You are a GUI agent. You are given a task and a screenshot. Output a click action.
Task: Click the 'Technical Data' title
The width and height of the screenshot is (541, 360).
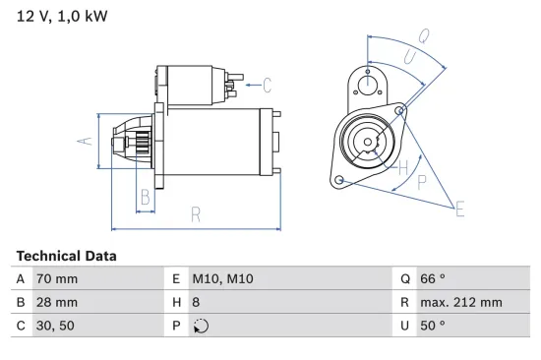coord(66,256)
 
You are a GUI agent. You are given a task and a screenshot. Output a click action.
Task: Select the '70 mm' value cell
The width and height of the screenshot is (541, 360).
coord(57,279)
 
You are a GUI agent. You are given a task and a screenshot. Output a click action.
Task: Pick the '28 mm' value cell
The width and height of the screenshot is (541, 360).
coord(57,303)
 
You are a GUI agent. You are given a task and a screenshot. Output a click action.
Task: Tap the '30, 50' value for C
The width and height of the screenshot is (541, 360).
coord(55,326)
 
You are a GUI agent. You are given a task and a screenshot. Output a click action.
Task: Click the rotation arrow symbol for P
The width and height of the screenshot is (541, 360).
coord(202,327)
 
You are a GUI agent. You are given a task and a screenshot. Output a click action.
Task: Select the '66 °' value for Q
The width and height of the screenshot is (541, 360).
coord(433,279)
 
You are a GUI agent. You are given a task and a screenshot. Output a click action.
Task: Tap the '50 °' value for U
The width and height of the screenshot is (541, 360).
coord(433,326)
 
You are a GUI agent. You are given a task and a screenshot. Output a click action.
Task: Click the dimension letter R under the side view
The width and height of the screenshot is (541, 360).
coord(196,214)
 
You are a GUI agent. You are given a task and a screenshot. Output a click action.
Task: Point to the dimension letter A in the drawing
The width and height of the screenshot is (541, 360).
coord(85,141)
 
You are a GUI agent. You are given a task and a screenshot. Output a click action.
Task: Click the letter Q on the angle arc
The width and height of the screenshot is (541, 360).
coord(423,36)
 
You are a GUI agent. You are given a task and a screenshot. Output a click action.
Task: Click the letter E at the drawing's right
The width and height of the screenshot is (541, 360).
coord(458,207)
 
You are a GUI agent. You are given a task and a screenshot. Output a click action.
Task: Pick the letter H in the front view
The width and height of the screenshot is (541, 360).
coord(402,167)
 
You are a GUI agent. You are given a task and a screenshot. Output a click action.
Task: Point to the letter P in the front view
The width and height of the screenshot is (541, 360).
coord(422,182)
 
